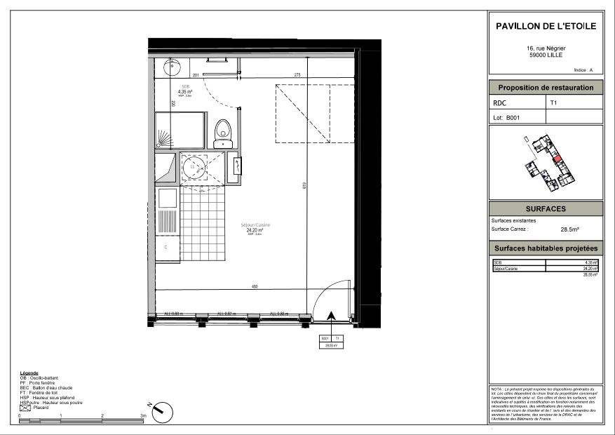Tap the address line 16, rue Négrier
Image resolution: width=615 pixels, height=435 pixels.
[546, 48]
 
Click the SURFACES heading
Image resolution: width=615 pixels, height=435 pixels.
[545, 209]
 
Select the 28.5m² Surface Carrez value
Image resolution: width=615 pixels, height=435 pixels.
[569, 229]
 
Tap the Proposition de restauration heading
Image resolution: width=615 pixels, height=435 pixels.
[545, 88]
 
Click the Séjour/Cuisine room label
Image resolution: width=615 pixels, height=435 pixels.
[255, 225]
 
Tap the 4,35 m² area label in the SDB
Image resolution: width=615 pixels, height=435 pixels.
[185, 91]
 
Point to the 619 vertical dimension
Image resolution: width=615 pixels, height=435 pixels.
[305, 186]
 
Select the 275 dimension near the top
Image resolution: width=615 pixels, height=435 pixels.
[297, 75]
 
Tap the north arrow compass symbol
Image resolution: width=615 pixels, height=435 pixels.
[158, 408]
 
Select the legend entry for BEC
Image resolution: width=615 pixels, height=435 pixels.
[46, 387]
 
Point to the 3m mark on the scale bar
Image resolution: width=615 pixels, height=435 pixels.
[143, 416]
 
